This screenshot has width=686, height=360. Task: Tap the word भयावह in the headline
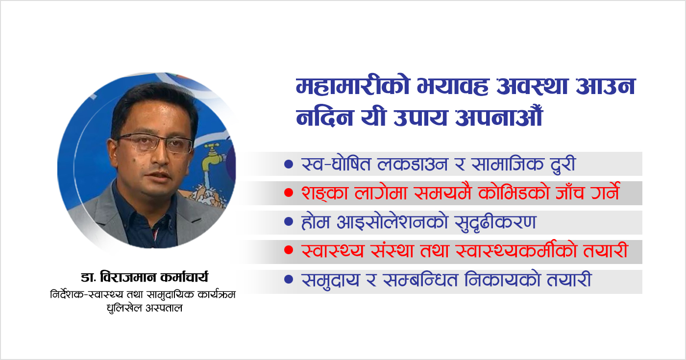point(453,86)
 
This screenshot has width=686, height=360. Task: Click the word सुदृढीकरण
point(495,222)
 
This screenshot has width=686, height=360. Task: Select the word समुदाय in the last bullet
point(330,280)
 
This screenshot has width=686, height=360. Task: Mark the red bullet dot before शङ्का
point(289,193)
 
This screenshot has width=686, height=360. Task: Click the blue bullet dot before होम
point(289,221)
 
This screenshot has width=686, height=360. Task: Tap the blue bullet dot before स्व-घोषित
point(289,164)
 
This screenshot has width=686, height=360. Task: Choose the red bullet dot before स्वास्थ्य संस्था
point(289,250)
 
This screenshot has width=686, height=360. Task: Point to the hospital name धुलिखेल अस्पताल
point(145,308)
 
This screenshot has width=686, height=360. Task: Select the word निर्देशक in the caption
point(67,294)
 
